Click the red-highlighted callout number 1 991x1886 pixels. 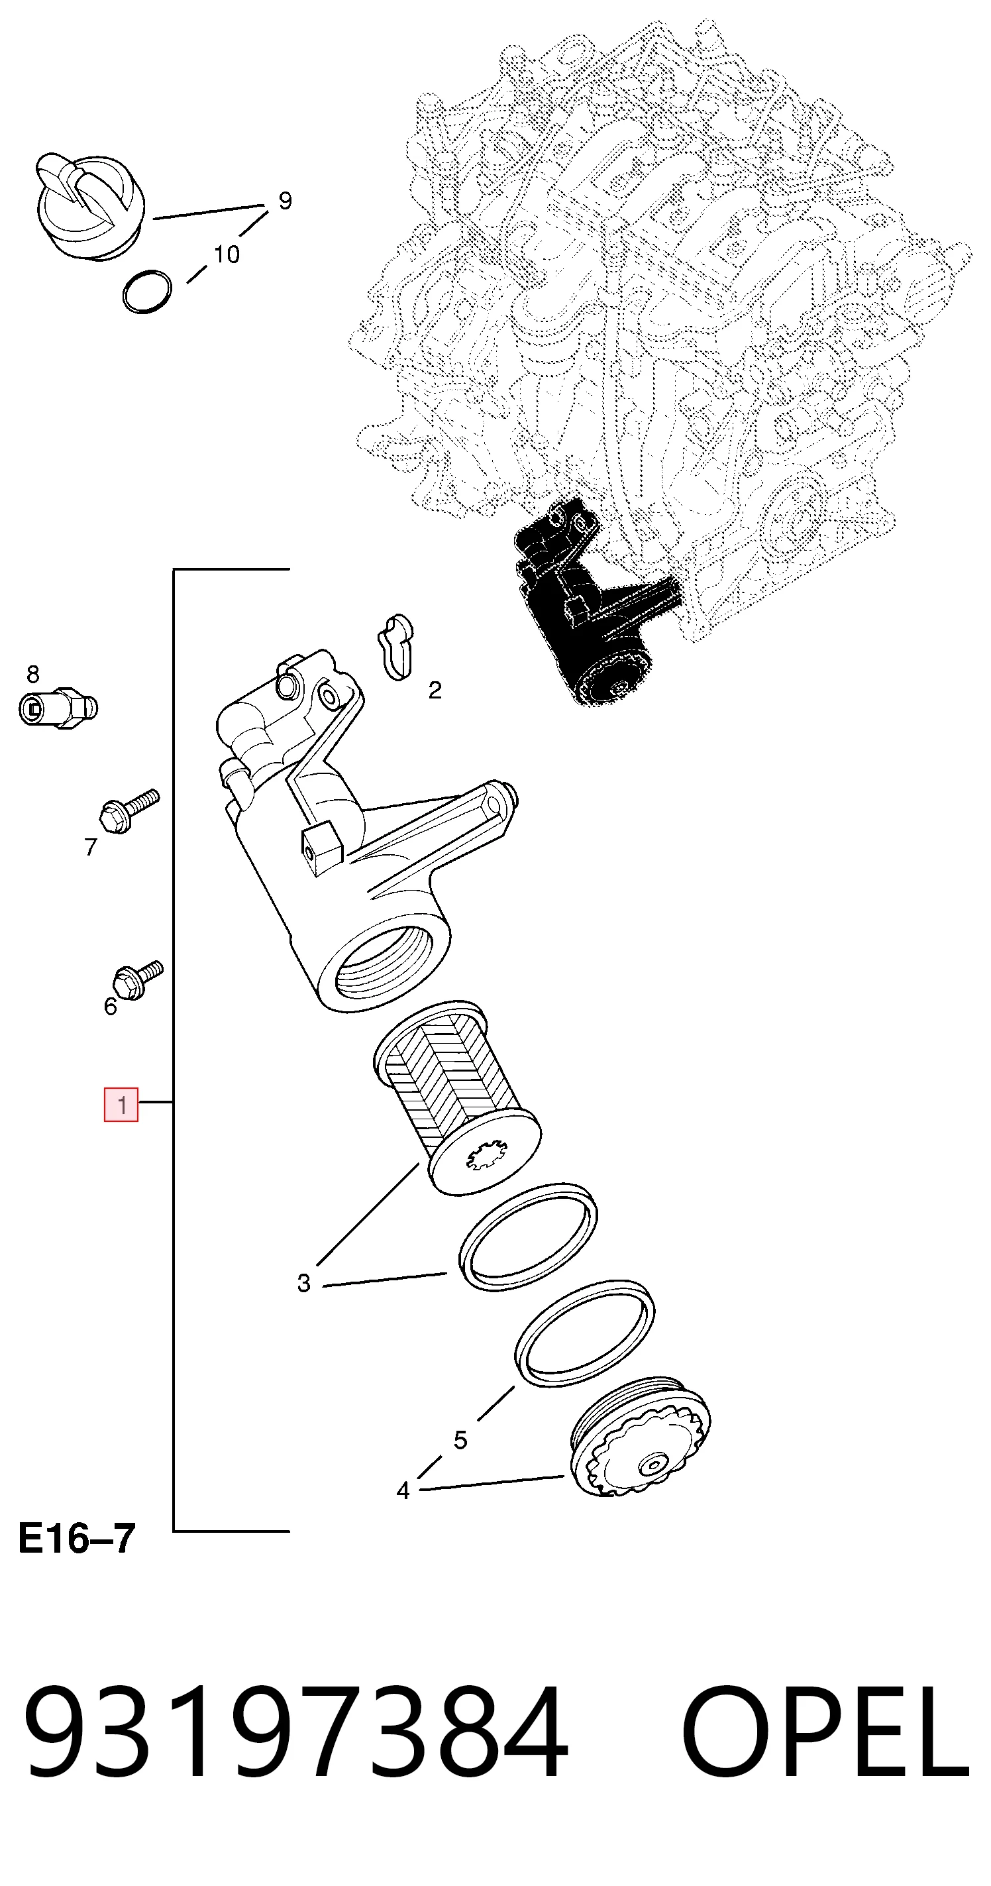pyautogui.click(x=121, y=1105)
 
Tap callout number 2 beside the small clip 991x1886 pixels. pyautogui.click(x=435, y=691)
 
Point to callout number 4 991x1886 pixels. pyautogui.click(x=403, y=1490)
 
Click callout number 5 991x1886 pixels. pyautogui.click(x=460, y=1440)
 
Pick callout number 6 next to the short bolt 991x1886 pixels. pyautogui.click(x=111, y=1007)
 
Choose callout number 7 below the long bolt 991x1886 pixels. pyautogui.click(x=91, y=847)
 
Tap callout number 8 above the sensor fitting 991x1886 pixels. pyautogui.click(x=33, y=673)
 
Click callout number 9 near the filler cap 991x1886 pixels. pyautogui.click(x=286, y=201)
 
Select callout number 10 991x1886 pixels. pyautogui.click(x=227, y=254)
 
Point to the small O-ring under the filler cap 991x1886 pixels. pyautogui.click(x=147, y=292)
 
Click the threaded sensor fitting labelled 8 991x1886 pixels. pyautogui.click(x=58, y=707)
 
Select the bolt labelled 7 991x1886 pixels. pyautogui.click(x=129, y=810)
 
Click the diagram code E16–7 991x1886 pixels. pyautogui.click(x=77, y=1538)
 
